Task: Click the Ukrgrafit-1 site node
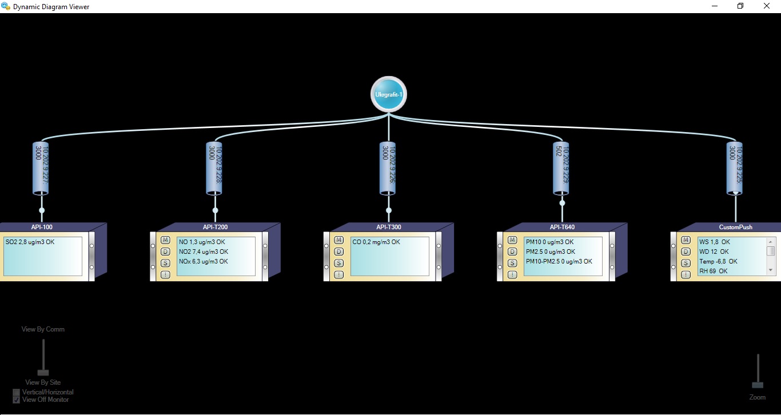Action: tap(389, 94)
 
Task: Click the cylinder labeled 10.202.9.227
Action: tap(42, 167)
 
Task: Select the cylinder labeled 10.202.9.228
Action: tap(215, 167)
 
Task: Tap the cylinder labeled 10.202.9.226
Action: tap(388, 167)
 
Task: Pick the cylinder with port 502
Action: tap(561, 167)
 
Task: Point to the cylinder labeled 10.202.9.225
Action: tap(735, 167)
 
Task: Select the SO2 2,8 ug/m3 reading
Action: tap(30, 242)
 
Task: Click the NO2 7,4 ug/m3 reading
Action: tap(204, 252)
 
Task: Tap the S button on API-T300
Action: tap(339, 263)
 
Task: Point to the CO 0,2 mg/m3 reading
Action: tap(376, 242)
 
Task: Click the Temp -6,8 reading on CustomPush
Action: tap(718, 261)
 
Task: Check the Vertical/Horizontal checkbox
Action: tap(17, 392)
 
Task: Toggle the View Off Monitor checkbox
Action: tap(17, 400)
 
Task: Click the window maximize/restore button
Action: tap(740, 6)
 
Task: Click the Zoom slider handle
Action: tap(758, 385)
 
